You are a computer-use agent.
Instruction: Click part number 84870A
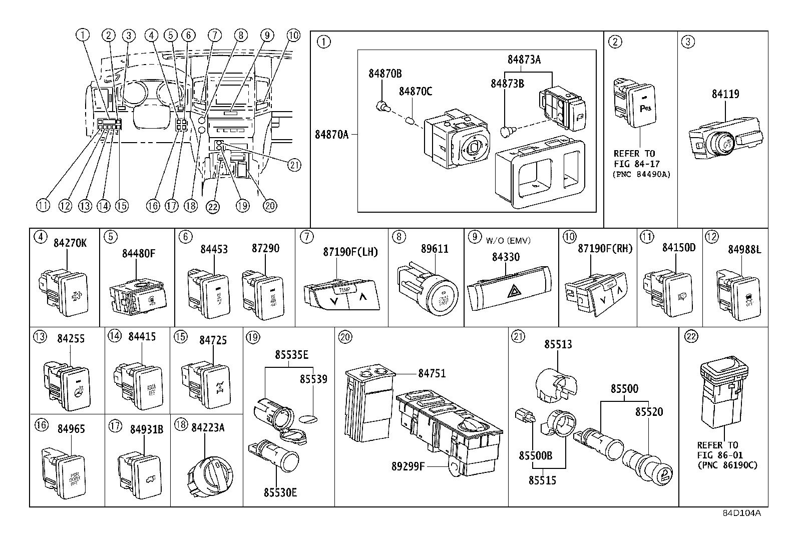[331, 134]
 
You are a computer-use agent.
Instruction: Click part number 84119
[726, 94]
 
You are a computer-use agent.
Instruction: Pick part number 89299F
[408, 466]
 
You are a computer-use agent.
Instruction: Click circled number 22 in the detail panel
[691, 337]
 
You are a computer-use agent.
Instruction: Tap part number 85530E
[280, 492]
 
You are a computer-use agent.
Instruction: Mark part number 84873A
[524, 59]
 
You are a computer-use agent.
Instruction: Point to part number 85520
[649, 412]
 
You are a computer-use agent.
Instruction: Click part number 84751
[432, 373]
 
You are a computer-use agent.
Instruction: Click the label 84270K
[70, 243]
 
